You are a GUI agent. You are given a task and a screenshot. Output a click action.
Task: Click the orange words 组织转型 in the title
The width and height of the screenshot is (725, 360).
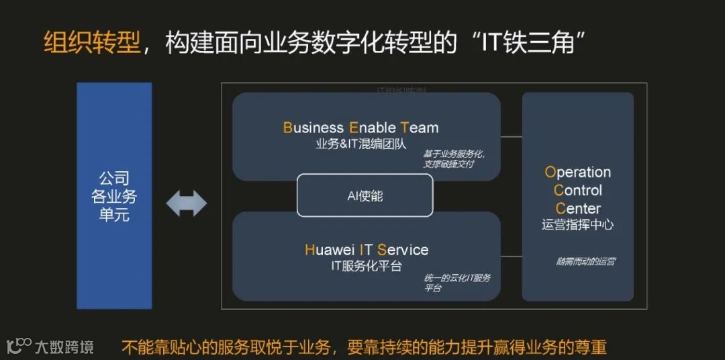pos(92,42)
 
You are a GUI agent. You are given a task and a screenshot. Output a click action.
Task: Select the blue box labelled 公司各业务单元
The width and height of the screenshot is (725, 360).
pos(114,195)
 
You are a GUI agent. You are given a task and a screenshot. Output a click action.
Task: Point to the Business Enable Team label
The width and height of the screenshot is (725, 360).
pos(360,128)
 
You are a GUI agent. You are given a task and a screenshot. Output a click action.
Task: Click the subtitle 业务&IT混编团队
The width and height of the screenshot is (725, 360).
pos(360,144)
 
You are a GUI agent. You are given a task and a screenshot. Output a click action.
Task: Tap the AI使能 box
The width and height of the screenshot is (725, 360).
pos(365,195)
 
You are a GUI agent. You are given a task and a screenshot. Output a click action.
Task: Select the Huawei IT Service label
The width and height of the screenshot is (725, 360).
pos(367,250)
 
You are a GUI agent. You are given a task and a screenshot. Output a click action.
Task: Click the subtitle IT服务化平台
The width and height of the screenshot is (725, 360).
pos(367,266)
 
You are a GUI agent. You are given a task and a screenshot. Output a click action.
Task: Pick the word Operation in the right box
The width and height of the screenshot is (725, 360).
pos(577,172)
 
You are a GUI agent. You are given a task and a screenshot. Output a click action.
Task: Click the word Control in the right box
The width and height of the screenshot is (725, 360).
pos(578,190)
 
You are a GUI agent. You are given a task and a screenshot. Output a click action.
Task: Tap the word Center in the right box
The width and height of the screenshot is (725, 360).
pos(577,208)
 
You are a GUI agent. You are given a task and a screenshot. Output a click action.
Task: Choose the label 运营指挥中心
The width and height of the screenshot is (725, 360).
pos(577,225)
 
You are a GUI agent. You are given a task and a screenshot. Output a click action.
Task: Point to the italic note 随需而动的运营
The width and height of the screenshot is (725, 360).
pos(585,261)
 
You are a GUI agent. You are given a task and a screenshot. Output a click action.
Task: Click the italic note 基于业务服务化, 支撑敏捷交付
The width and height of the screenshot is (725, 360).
pos(454,159)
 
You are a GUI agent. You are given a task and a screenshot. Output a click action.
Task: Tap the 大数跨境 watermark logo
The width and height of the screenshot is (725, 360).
pos(50,347)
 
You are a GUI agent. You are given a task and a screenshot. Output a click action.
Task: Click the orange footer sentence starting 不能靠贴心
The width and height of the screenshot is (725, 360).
pos(363,347)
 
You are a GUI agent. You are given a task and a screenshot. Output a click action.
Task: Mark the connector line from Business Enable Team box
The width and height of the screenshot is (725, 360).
pos(511,136)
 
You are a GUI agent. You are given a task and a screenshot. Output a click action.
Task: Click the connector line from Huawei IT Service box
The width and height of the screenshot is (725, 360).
pos(511,256)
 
